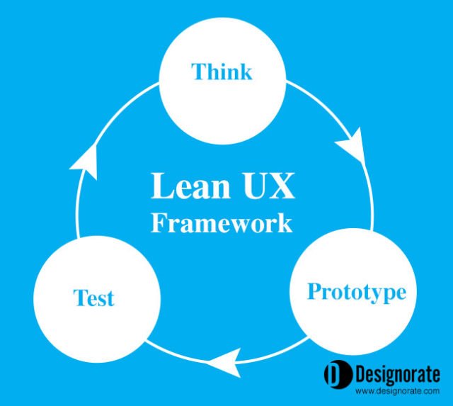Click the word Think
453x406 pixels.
tap(222, 71)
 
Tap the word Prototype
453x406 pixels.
tap(357, 293)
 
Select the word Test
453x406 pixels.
tap(94, 298)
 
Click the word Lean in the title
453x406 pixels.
tap(190, 186)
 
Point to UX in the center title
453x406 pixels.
tap(268, 186)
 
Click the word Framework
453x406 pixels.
tap(222, 223)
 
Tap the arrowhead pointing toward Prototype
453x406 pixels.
tap(351, 144)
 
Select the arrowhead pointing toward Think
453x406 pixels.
tap(84, 162)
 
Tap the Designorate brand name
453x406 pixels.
tap(398, 374)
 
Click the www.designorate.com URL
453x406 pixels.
tap(397, 391)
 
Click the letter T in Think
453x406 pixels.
tap(199, 71)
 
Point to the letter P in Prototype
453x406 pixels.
tap(314, 291)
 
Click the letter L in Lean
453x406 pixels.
tap(161, 186)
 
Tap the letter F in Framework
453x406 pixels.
tap(158, 222)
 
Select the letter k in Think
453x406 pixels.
tap(245, 71)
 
